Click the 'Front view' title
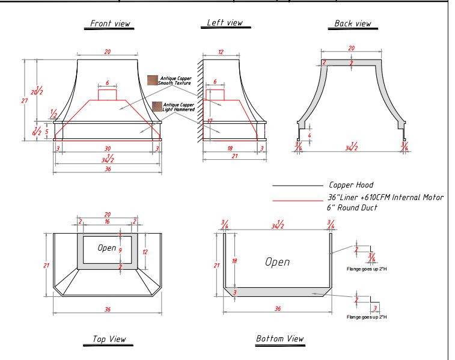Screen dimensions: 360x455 [110, 24]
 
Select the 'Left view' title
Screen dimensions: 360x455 [225, 23]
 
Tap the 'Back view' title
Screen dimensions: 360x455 [353, 24]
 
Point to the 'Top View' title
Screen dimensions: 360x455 [109, 340]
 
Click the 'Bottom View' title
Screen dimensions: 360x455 [280, 339]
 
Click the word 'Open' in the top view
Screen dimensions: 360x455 [107, 248]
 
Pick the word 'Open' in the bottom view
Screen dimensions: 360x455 [277, 262]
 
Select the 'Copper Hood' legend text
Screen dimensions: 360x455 [351, 186]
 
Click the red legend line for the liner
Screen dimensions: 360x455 [298, 199]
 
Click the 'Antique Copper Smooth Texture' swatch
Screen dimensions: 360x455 [153, 80]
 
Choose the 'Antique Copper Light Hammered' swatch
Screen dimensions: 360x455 [157, 106]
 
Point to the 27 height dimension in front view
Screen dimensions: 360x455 [25, 101]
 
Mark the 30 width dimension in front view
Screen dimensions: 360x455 [108, 148]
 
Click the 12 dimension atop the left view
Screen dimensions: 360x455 [221, 52]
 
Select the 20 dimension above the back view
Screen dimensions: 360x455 [352, 48]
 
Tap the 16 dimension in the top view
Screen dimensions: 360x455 [108, 222]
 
